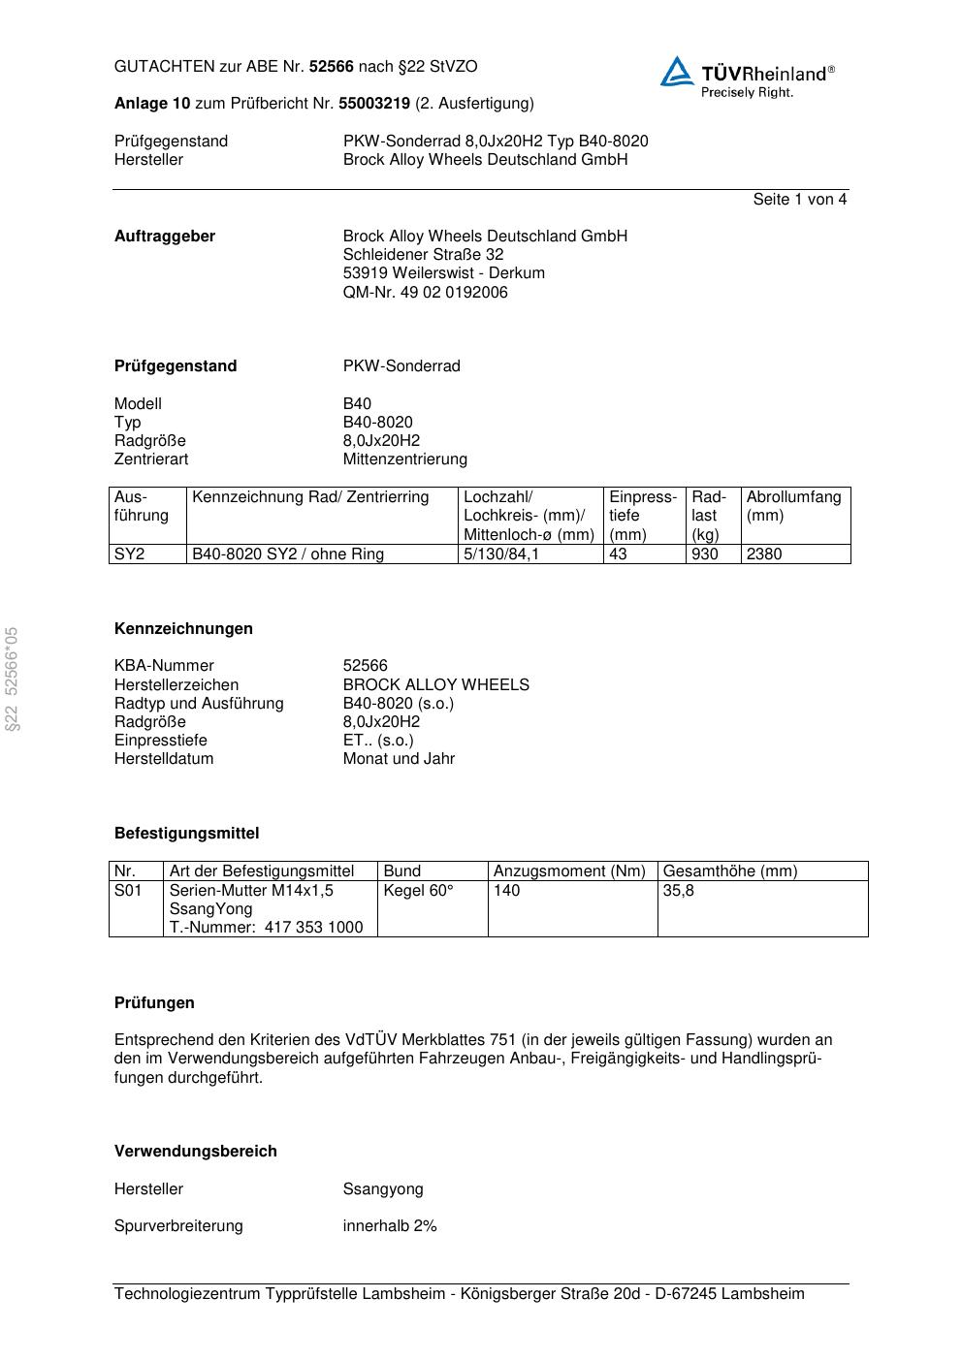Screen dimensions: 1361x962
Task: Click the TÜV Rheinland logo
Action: click(747, 77)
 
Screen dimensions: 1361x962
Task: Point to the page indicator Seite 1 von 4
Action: click(799, 200)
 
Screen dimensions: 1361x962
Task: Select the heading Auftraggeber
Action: click(165, 237)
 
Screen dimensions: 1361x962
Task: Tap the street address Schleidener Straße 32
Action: click(423, 255)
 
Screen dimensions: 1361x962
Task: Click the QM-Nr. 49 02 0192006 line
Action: click(425, 293)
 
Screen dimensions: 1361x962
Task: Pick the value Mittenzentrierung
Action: click(404, 459)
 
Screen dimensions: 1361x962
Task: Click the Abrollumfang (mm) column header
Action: click(793, 506)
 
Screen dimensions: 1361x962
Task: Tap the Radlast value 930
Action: click(705, 554)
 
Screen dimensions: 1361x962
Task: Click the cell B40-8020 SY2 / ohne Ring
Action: click(288, 554)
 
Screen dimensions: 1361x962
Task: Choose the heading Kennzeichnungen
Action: click(183, 629)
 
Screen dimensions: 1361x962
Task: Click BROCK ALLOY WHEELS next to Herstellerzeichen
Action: click(435, 685)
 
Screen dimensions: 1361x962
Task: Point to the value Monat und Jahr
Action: click(399, 759)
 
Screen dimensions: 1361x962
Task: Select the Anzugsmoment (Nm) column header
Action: click(569, 871)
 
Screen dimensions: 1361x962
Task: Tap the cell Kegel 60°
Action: click(418, 891)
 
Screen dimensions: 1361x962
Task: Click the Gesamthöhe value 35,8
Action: click(678, 891)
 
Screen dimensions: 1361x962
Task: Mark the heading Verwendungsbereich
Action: click(195, 1152)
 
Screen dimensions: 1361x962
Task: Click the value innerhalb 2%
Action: click(390, 1226)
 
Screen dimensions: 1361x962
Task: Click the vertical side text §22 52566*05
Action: click(12, 680)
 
